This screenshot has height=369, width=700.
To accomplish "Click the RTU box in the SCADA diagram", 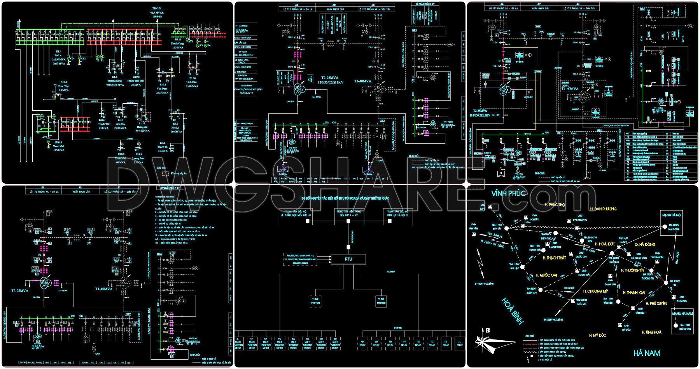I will [x=348, y=259].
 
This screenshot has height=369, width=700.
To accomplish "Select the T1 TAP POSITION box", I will [x=315, y=301].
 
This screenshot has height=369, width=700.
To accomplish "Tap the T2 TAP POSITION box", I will [x=381, y=301].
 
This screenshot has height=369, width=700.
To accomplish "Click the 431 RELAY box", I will [x=362, y=343].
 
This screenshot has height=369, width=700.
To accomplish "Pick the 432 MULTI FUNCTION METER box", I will [x=335, y=343].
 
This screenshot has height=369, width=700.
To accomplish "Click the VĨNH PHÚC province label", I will [x=508, y=193].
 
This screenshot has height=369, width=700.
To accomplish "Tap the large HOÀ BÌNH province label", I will [x=512, y=311].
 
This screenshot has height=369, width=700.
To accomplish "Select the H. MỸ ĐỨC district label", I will [x=597, y=335].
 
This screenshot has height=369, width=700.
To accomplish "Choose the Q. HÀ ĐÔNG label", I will [x=645, y=245].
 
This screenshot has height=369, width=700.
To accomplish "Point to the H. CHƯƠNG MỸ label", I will [x=595, y=291].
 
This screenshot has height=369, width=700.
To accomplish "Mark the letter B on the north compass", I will [x=487, y=331].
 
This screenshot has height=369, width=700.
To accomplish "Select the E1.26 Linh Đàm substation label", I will [x=192, y=80].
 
